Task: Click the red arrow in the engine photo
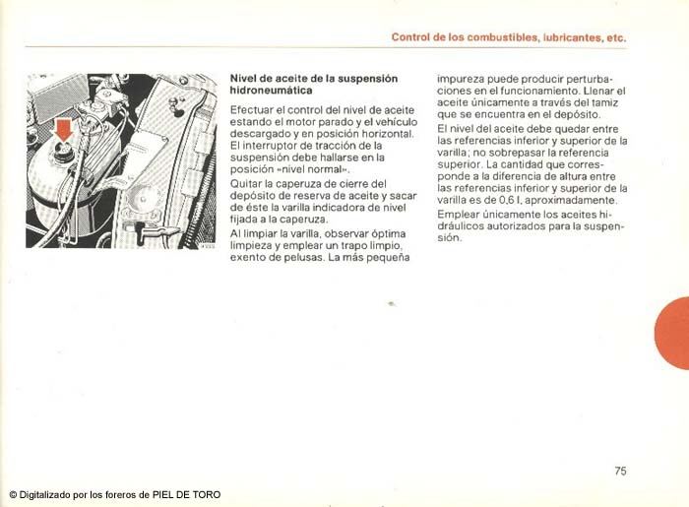tap(63, 127)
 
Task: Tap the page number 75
tap(620, 472)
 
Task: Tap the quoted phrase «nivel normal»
tap(314, 168)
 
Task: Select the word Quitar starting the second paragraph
tap(246, 183)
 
